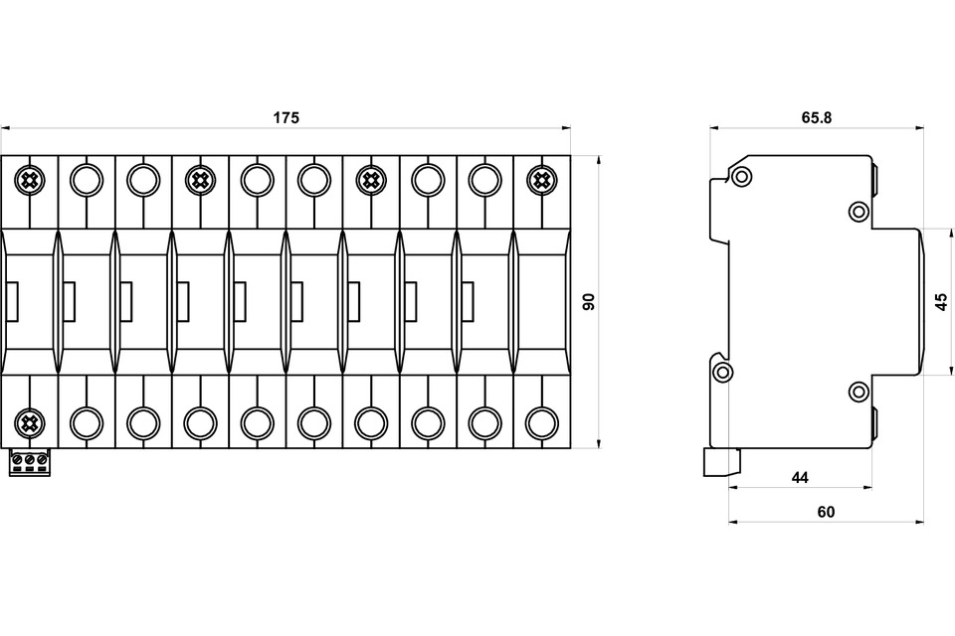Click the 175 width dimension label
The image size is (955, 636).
click(x=286, y=117)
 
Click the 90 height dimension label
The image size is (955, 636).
click(x=588, y=302)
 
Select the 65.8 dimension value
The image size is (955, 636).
click(x=816, y=117)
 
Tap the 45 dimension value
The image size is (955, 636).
click(x=941, y=302)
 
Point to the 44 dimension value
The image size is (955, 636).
click(x=800, y=478)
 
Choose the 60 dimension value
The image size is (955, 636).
click(x=826, y=513)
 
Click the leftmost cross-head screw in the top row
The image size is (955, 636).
click(x=29, y=180)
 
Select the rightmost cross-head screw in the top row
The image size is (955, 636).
click(x=541, y=180)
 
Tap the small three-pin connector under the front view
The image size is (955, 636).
click(x=29, y=462)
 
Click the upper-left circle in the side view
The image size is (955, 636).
click(x=742, y=177)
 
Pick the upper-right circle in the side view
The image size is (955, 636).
click(x=859, y=212)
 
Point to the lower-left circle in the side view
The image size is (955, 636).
click(x=722, y=373)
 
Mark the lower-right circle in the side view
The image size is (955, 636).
click(x=859, y=392)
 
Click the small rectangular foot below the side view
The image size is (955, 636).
click(x=722, y=462)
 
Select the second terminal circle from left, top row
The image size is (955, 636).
click(x=87, y=180)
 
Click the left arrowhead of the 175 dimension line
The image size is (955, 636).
click(x=6, y=128)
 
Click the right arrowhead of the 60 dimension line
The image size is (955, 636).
click(x=919, y=522)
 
